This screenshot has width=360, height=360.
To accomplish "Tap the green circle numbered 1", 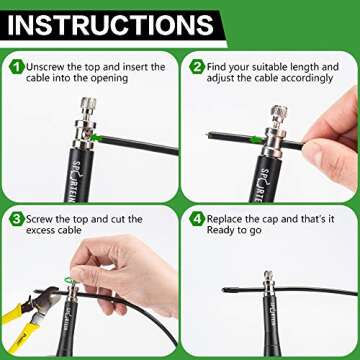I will (17, 67).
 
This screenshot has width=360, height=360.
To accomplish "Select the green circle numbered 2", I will (198, 67).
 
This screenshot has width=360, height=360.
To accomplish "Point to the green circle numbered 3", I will (17, 218).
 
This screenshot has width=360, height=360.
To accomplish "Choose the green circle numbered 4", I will (198, 218).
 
